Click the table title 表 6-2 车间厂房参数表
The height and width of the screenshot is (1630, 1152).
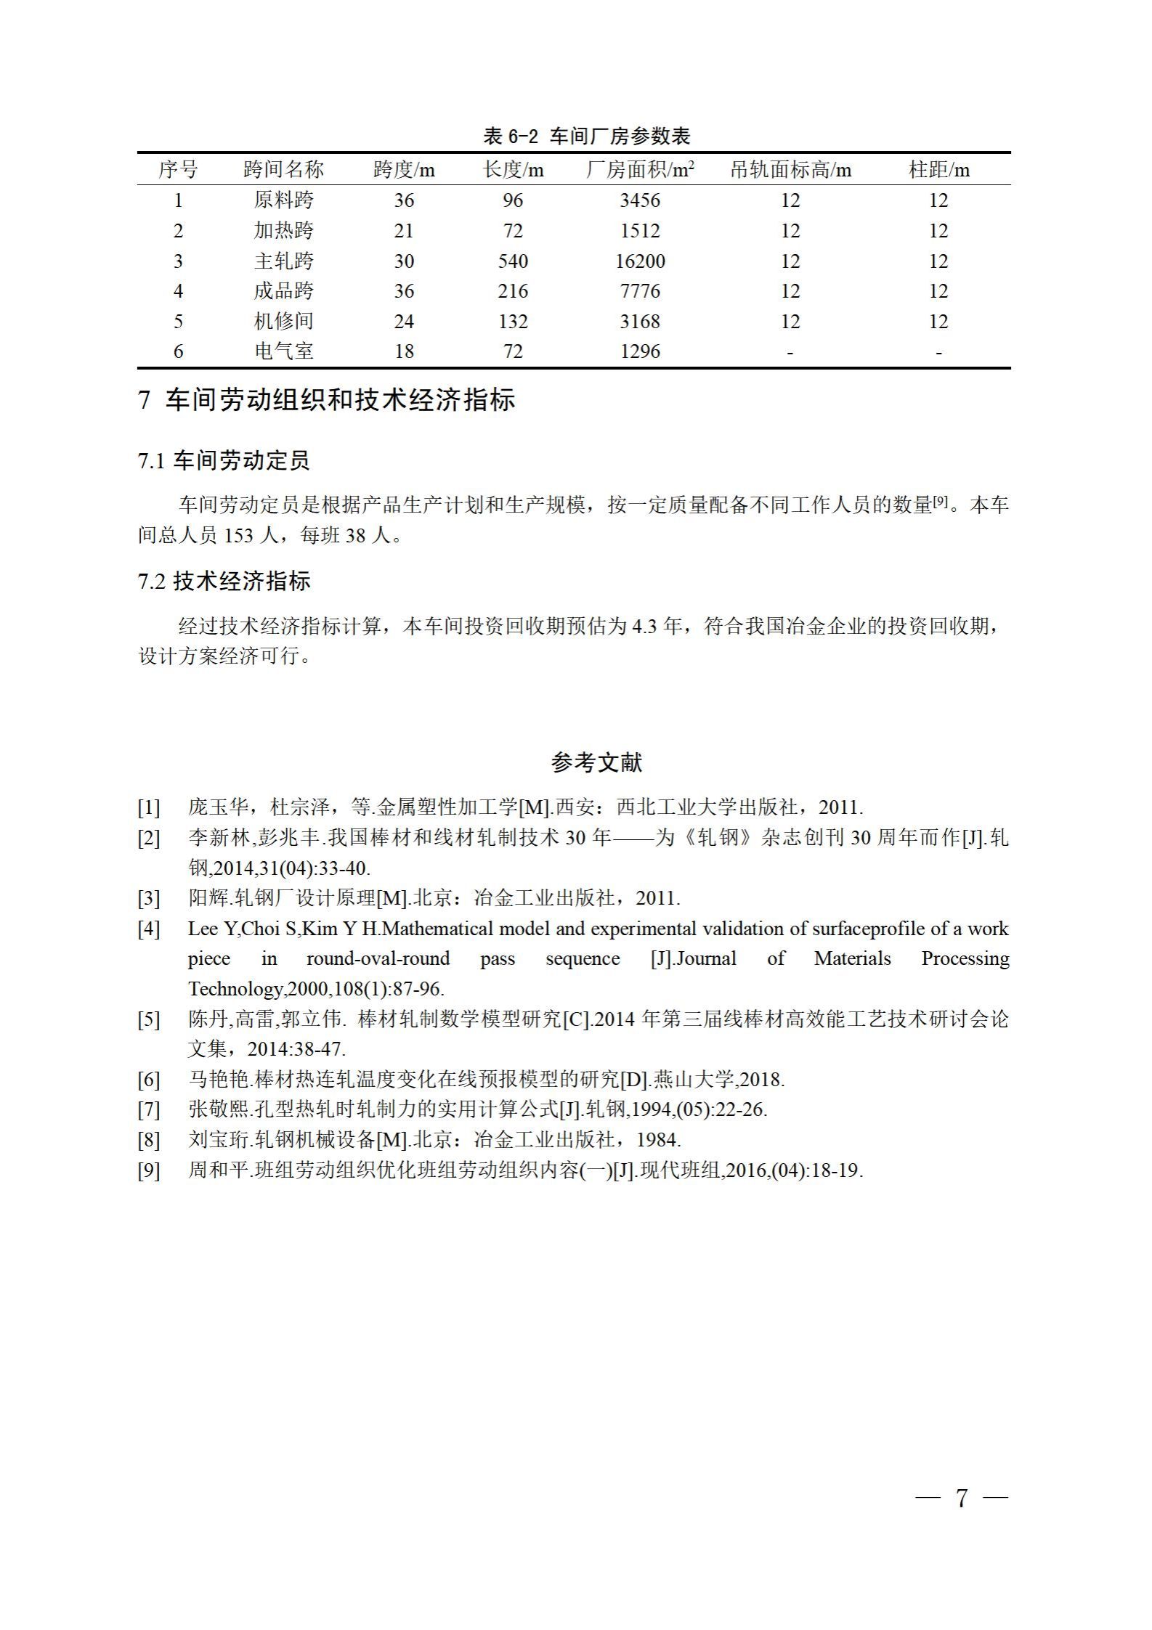(x=586, y=136)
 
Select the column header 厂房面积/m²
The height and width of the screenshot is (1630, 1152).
(x=640, y=170)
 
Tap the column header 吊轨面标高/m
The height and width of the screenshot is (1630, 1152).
(x=790, y=170)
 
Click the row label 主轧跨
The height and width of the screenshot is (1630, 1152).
(x=283, y=261)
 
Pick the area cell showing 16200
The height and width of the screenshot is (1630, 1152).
(x=640, y=261)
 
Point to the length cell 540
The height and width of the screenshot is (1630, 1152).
(x=513, y=261)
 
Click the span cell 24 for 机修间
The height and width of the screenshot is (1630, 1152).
(x=404, y=321)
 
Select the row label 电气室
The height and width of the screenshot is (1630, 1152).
(x=283, y=351)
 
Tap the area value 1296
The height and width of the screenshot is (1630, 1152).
(x=640, y=351)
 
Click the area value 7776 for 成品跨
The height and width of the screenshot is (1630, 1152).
(x=640, y=291)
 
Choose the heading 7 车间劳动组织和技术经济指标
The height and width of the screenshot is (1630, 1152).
(x=326, y=400)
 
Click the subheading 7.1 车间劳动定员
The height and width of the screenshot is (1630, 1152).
(x=224, y=460)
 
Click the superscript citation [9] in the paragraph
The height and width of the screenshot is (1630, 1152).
(x=941, y=501)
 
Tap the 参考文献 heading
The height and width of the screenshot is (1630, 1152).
(x=596, y=762)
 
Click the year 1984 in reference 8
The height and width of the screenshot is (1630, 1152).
(x=657, y=1140)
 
